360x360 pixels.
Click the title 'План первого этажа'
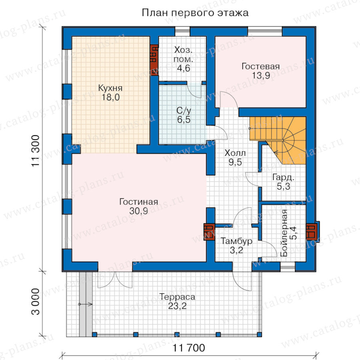[x=195, y=13]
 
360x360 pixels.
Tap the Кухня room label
[x=110, y=88]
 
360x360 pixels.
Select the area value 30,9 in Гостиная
[x=138, y=211]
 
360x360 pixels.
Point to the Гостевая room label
[x=260, y=66]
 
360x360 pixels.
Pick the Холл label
[x=235, y=153]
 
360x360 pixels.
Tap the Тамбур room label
[x=236, y=241]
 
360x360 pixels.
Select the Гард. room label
[x=283, y=178]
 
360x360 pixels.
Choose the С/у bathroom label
[x=184, y=111]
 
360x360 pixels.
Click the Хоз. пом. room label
[x=183, y=54]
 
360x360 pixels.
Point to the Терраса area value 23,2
[x=177, y=306]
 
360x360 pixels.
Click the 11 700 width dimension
[x=189, y=348]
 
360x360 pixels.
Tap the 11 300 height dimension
[x=36, y=151]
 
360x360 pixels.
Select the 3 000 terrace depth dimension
[x=36, y=302]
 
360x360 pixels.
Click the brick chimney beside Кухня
[x=154, y=60]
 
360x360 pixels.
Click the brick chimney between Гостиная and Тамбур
[x=209, y=232]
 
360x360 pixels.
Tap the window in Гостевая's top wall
[x=265, y=32]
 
